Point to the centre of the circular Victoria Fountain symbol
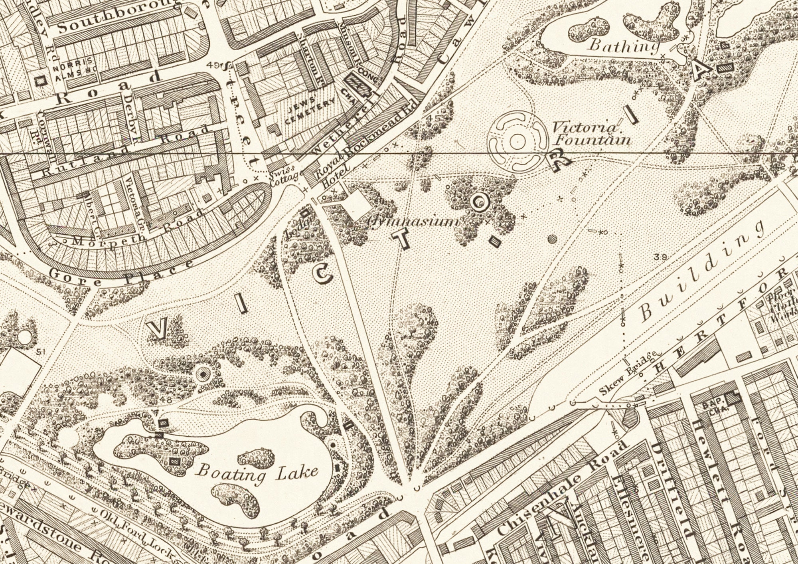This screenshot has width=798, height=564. click(x=517, y=141)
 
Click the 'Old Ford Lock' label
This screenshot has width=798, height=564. click(x=138, y=536)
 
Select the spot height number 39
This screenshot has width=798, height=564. click(x=661, y=257)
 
